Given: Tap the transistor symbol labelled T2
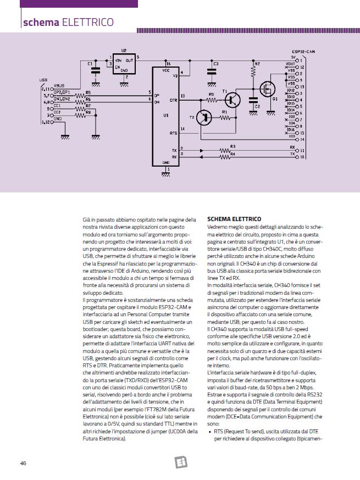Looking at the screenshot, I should [x=204, y=117].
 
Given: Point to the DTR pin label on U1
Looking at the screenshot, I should [x=174, y=101].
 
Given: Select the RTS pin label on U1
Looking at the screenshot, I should [x=174, y=133].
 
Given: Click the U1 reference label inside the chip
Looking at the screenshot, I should [x=166, y=116].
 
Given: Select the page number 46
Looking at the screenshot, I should [x=23, y=462].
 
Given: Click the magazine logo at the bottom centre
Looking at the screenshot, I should [x=179, y=462].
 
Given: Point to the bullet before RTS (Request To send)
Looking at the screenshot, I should [x=209, y=432].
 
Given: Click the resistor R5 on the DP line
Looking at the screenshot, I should [x=81, y=96].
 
